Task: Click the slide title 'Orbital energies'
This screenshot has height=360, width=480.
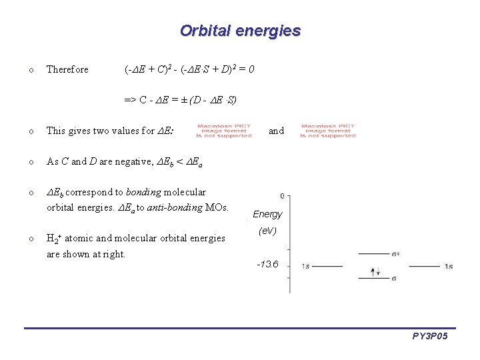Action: (x=240, y=31)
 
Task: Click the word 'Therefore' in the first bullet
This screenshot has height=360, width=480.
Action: (x=67, y=69)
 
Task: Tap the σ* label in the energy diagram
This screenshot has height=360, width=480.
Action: (x=396, y=254)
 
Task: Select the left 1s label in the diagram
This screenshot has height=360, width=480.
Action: (x=305, y=267)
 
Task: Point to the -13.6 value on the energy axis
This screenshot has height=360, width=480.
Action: (x=267, y=264)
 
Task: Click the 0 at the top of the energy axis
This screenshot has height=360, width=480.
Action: (x=283, y=196)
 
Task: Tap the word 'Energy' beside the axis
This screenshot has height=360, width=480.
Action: (x=267, y=214)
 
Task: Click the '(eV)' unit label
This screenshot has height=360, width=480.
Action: (x=267, y=231)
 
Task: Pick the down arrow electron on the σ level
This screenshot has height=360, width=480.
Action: (x=378, y=272)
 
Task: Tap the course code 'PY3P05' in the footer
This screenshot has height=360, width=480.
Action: (x=430, y=337)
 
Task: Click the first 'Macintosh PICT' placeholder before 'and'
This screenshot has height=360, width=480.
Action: (x=224, y=131)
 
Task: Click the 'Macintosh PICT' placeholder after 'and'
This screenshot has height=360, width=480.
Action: (x=328, y=131)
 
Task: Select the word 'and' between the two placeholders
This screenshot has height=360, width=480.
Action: (x=276, y=131)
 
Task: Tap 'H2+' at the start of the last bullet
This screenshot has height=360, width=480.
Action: (x=54, y=238)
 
